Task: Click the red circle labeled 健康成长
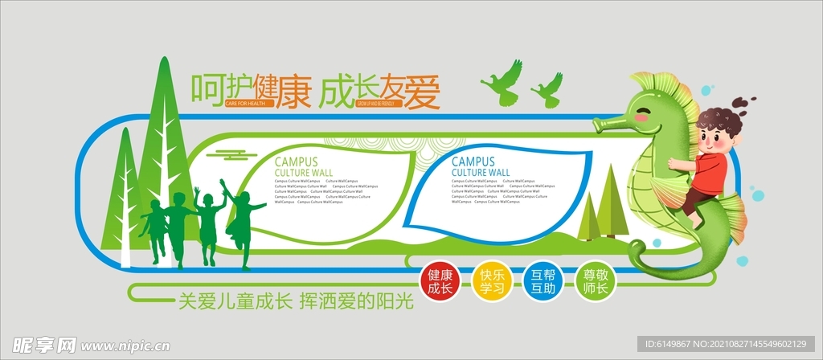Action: point(440,281)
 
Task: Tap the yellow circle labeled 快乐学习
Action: point(491,281)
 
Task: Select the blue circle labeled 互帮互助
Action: point(543,281)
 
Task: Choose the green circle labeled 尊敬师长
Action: point(596,281)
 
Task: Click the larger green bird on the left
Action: point(503,84)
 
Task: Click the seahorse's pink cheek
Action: point(641,117)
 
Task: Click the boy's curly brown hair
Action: point(718,120)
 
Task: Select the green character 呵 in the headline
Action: point(206,88)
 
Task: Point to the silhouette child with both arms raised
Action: point(208,221)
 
